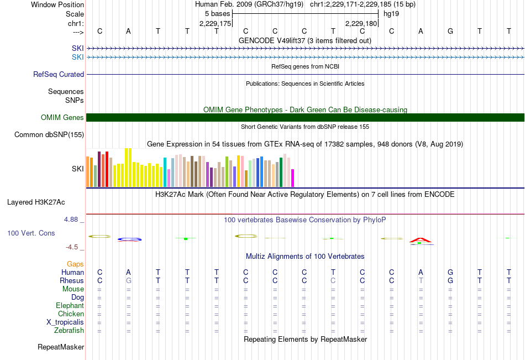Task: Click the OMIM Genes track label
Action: click(x=62, y=118)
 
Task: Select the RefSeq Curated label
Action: click(x=59, y=75)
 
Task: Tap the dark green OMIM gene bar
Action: click(x=306, y=118)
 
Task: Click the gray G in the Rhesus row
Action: click(x=129, y=280)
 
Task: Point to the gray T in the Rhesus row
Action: click(x=421, y=280)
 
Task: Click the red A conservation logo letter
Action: click(x=421, y=240)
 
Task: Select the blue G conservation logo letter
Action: click(x=129, y=239)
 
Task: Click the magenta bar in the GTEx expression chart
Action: click(x=292, y=178)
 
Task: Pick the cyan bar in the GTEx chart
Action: click(x=165, y=172)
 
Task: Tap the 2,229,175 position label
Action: click(x=216, y=23)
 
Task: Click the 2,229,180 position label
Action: click(x=361, y=23)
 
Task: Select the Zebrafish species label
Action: click(x=69, y=331)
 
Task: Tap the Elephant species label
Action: click(x=70, y=306)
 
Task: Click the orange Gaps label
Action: click(x=75, y=264)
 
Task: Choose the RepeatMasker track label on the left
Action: click(x=61, y=347)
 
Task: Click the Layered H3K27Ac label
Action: click(x=36, y=202)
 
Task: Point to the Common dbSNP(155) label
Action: click(x=49, y=135)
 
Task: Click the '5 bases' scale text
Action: click(x=218, y=14)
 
